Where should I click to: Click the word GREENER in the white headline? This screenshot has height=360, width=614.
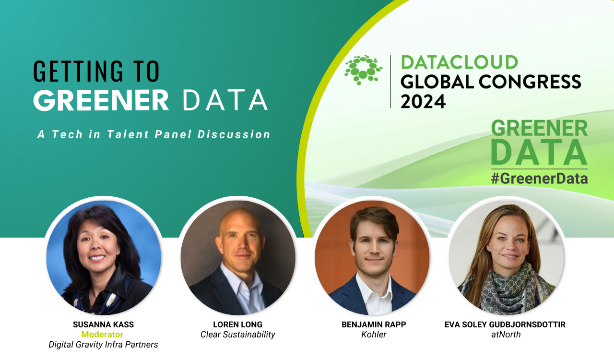pyautogui.click(x=101, y=100)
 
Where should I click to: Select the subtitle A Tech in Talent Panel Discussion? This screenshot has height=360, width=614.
pyautogui.click(x=154, y=134)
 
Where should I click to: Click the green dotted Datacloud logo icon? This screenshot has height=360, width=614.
pyautogui.click(x=363, y=70)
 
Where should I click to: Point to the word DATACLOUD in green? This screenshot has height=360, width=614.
pyautogui.click(x=460, y=62)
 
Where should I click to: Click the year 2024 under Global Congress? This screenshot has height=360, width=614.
pyautogui.click(x=423, y=101)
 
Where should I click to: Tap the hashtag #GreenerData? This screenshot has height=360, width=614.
pyautogui.click(x=539, y=179)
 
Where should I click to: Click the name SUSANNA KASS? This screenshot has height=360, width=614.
pyautogui.click(x=103, y=324)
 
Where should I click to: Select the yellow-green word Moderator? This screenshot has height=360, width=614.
pyautogui.click(x=102, y=335)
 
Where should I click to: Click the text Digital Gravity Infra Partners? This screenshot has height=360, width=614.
pyautogui.click(x=103, y=345)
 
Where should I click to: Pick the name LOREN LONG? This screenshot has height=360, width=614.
pyautogui.click(x=237, y=324)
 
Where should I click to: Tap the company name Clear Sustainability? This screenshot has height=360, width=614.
pyautogui.click(x=237, y=335)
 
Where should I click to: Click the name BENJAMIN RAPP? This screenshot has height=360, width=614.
pyautogui.click(x=374, y=324)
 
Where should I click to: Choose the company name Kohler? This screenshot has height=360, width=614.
pyautogui.click(x=374, y=335)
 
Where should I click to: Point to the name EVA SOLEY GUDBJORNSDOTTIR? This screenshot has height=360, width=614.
pyautogui.click(x=505, y=324)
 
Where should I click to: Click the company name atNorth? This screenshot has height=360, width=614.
pyautogui.click(x=506, y=335)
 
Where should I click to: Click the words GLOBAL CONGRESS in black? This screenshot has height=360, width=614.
pyautogui.click(x=491, y=82)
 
